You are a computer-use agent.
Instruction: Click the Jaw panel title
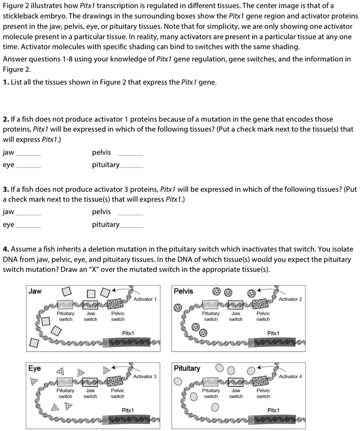[x=35, y=291]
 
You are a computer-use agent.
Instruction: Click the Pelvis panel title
[x=183, y=291]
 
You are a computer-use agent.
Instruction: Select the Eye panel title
[x=35, y=368]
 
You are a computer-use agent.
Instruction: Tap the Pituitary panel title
[x=187, y=368]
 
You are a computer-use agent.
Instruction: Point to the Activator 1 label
[x=145, y=299]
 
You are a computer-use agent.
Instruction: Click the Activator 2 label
[x=290, y=299]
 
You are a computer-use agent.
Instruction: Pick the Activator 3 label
[x=145, y=377]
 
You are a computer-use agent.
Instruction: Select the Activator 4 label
[x=290, y=377]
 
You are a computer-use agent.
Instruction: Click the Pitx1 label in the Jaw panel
[x=128, y=333]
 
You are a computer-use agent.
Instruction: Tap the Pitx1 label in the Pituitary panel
[x=273, y=410]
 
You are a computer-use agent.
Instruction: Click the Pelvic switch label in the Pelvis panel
[x=263, y=316]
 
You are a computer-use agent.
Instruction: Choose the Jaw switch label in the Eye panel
[x=90, y=393]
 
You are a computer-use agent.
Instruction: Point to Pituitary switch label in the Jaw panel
[x=66, y=316]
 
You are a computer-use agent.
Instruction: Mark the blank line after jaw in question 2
[x=29, y=155]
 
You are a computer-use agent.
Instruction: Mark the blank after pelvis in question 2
[x=130, y=155]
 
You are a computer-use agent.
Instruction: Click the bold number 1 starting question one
[x=5, y=82]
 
